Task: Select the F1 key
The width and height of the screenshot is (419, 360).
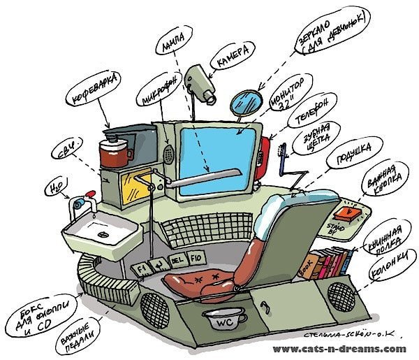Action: click(x=141, y=268)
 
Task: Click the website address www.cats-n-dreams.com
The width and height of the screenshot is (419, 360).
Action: click(x=339, y=348)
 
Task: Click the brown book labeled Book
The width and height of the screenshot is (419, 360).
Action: click(x=307, y=265)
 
